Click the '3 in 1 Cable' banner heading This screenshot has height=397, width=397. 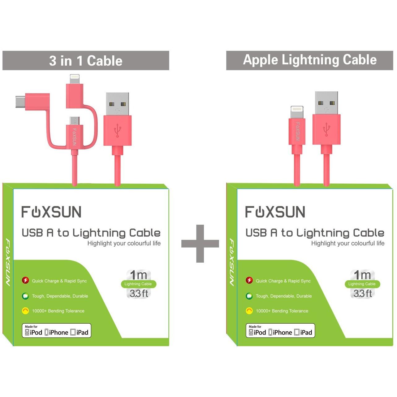click(x=86, y=61)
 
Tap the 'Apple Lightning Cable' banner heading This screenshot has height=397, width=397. click(x=310, y=60)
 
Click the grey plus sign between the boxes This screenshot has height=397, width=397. click(x=200, y=244)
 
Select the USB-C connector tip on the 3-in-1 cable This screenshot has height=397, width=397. click(x=20, y=101)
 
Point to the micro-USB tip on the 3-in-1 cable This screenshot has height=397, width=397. click(x=74, y=121)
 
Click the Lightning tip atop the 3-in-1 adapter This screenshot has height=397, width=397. click(x=75, y=79)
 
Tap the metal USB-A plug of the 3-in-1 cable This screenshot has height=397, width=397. click(x=118, y=104)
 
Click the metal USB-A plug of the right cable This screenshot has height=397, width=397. click(x=326, y=103)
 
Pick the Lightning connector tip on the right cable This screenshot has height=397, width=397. click(x=297, y=112)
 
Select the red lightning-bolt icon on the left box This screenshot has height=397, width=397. click(x=25, y=280)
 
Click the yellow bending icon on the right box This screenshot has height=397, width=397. click(x=249, y=311)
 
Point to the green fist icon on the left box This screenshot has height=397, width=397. click(x=25, y=296)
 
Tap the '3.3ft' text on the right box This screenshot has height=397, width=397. click(x=363, y=293)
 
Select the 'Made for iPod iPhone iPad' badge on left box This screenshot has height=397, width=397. click(x=56, y=330)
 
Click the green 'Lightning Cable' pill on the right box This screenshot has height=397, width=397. click(x=362, y=284)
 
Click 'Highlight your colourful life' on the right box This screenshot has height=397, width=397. click(x=348, y=243)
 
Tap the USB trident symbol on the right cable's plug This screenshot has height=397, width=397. click(x=326, y=129)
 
